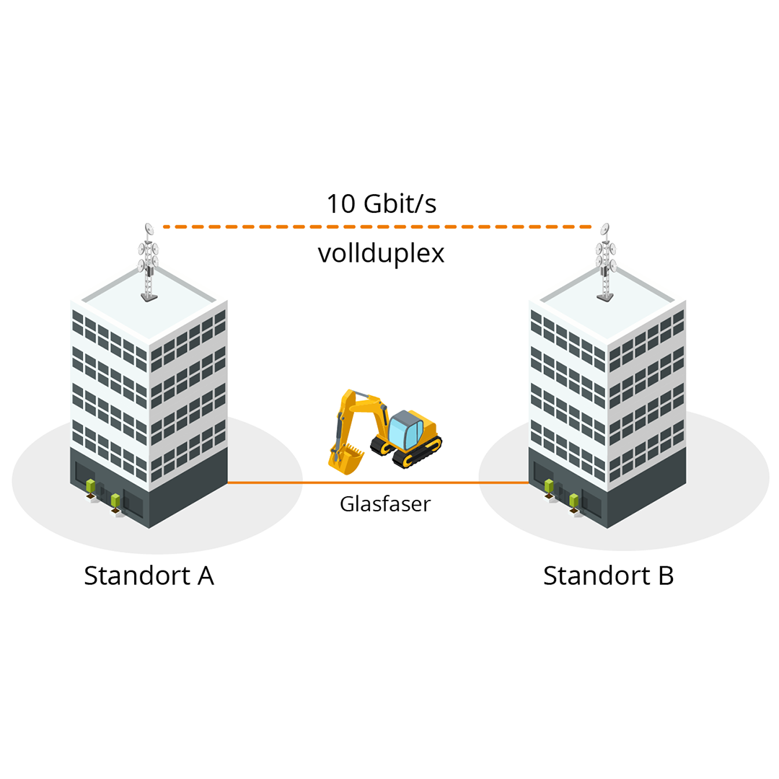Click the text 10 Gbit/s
pyautogui.click(x=381, y=204)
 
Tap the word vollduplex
pyautogui.click(x=381, y=253)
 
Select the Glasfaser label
pyautogui.click(x=384, y=503)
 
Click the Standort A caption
pyautogui.click(x=149, y=576)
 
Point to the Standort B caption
pyautogui.click(x=608, y=576)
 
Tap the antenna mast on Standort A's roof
pyautogui.click(x=149, y=263)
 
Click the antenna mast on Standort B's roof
pyautogui.click(x=606, y=263)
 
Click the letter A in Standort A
pyautogui.click(x=205, y=576)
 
